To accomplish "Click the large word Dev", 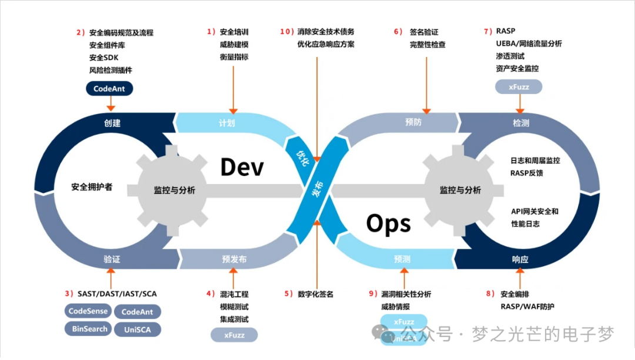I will coord(242,167).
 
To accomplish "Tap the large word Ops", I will coord(388,224).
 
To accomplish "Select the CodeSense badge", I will coord(87,311).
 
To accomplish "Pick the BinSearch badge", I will coord(89,329).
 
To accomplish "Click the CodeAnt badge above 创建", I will coord(109,89).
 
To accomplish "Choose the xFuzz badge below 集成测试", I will coord(234,335).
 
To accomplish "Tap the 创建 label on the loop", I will coord(112,123).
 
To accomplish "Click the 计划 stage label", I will coord(226,123).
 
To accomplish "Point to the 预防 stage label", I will coord(413,122).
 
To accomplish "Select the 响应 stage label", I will coord(520,259).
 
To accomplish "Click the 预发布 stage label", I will coord(234,259).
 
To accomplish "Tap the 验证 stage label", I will coord(112,259).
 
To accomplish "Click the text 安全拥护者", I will coord(92,187).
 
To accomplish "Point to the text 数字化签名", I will coord(316,294).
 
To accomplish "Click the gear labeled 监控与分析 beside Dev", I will coord(175,190).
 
